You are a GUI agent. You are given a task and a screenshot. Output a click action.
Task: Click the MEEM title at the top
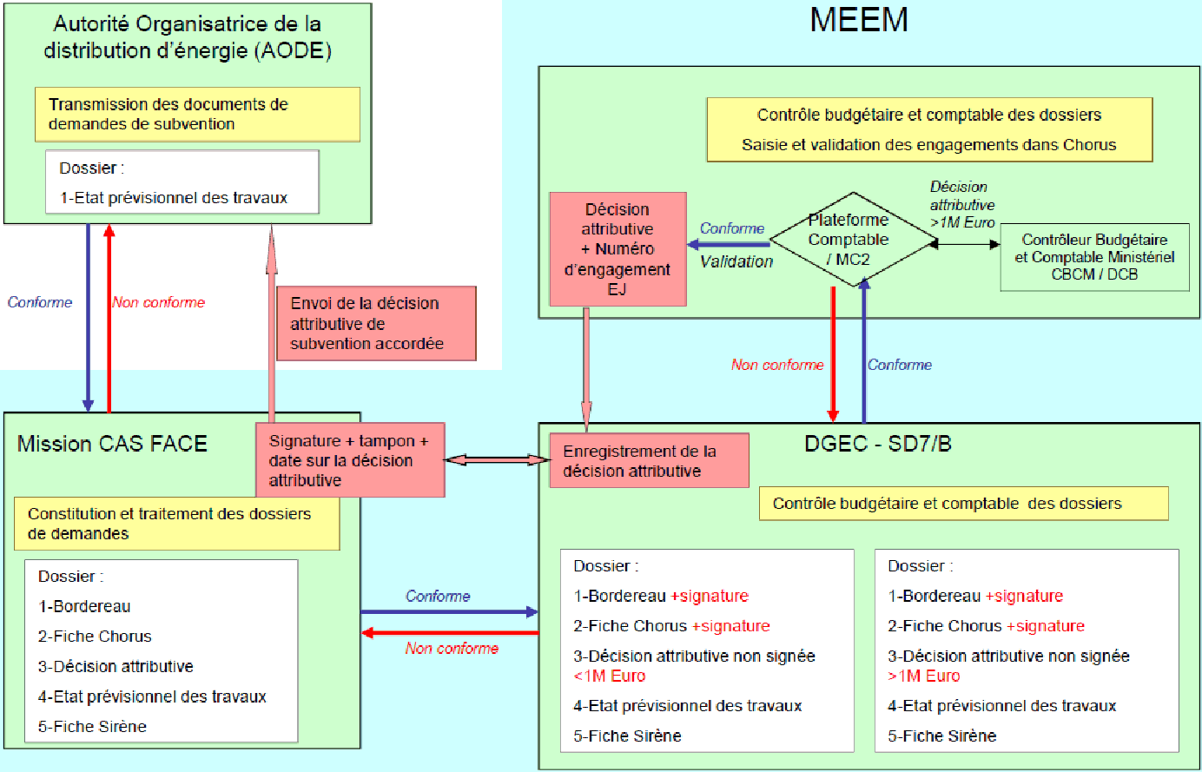(859, 20)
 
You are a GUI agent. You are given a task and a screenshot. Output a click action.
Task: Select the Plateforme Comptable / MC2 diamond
(849, 240)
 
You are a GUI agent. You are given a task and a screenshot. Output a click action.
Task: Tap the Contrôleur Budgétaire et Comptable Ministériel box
(1094, 257)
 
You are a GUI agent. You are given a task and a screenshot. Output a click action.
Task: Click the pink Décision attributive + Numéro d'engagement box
(618, 249)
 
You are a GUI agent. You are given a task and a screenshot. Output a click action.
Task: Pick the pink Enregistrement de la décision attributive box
(649, 461)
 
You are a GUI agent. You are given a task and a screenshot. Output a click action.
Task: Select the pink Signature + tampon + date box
(350, 460)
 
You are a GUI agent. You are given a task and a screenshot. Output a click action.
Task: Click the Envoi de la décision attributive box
(376, 324)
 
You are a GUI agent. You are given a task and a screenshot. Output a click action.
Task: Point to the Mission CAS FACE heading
(112, 445)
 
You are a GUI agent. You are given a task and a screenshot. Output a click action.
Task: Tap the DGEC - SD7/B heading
(878, 444)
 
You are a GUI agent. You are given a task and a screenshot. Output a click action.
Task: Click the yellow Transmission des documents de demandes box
(197, 115)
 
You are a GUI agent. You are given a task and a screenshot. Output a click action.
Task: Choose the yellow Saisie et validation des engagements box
(928, 130)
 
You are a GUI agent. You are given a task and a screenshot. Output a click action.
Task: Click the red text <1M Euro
(610, 676)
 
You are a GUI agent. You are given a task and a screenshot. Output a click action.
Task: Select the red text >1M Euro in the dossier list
(924, 676)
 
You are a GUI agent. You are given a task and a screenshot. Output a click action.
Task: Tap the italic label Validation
(736, 261)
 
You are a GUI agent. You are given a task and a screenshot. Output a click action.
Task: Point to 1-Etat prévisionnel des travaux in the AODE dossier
(174, 198)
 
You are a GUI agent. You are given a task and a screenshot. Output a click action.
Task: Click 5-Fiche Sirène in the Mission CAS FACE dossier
(92, 727)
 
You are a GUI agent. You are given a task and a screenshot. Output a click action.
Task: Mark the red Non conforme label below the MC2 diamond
(777, 366)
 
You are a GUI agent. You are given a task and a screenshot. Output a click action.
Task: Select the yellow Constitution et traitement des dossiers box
(176, 524)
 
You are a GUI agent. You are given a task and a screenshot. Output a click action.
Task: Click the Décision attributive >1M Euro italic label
(961, 205)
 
